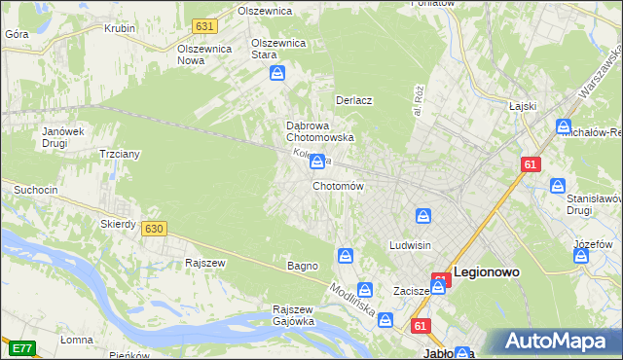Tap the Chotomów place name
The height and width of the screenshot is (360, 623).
click(338, 186)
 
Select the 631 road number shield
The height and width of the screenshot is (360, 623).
click(203, 25)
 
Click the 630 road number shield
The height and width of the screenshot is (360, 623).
click(153, 228)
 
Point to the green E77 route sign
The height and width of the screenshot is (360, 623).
click(21, 347)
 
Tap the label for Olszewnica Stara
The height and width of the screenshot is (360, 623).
click(278, 49)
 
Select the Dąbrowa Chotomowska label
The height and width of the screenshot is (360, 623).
click(318, 131)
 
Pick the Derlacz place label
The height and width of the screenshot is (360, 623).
click(354, 100)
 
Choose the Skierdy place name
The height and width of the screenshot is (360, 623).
click(118, 224)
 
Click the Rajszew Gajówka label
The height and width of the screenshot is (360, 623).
click(293, 315)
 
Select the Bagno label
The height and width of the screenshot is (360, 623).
click(302, 266)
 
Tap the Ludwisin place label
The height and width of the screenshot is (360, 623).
click(410, 245)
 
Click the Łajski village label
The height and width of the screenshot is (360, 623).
click(522, 105)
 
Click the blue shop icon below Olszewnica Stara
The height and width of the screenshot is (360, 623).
click(277, 73)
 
